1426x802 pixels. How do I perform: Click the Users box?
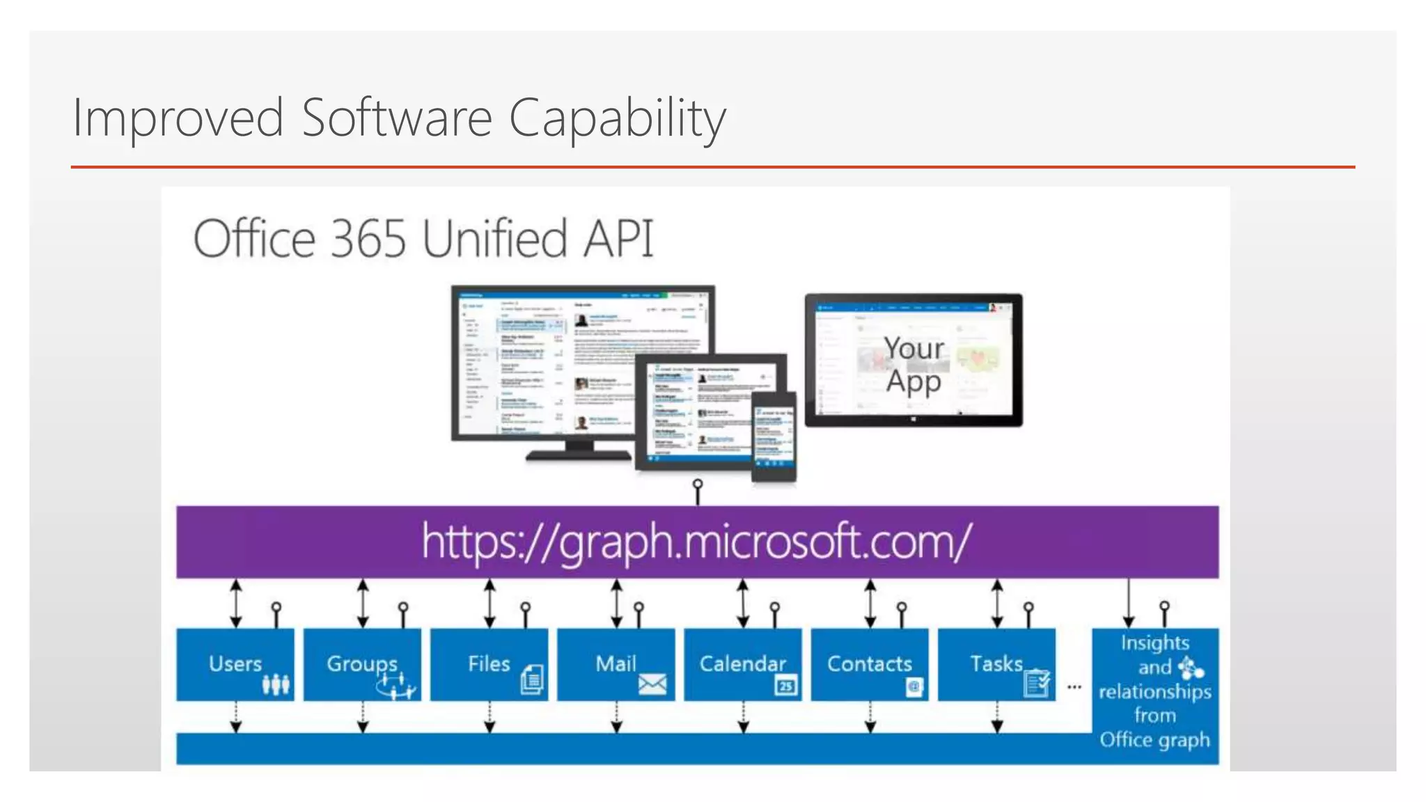(235, 664)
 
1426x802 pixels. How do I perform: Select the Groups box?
(362, 664)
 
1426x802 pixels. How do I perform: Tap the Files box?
(489, 664)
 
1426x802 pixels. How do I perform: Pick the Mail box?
(616, 664)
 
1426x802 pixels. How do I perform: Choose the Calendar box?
(742, 664)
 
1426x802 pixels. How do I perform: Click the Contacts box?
(869, 664)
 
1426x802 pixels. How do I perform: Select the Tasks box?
(996, 664)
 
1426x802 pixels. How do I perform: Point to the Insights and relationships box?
(1155, 691)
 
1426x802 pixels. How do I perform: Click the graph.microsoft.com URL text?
(696, 542)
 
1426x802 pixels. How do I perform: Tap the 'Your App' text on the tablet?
(914, 365)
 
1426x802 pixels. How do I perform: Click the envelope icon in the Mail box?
(652, 685)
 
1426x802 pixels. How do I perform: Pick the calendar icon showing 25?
(785, 686)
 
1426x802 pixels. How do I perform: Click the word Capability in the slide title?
(617, 118)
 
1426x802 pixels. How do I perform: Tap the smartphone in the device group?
(774, 437)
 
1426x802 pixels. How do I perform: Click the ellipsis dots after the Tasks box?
(1074, 687)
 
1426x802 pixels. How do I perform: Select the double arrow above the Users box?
(236, 603)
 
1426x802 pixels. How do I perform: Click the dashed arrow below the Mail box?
(616, 717)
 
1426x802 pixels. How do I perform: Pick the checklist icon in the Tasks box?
(1037, 683)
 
